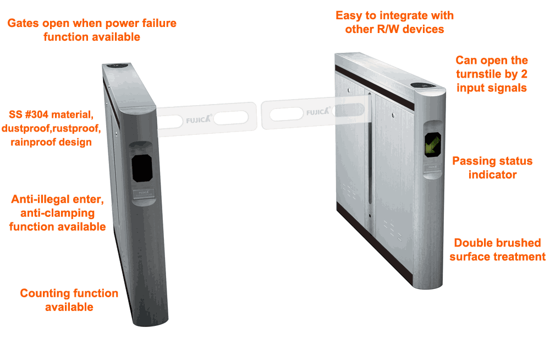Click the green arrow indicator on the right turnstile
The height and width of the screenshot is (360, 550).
[432, 144]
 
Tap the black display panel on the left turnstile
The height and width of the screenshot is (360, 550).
[142, 168]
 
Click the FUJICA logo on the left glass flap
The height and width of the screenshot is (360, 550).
[199, 119]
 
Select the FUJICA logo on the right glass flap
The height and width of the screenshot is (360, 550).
[318, 112]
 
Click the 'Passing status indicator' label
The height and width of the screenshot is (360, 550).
[492, 167]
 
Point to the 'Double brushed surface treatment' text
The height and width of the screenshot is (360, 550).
[497, 250]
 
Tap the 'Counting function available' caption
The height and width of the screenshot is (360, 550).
[69, 300]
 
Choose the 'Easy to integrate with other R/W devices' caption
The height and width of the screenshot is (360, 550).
[394, 22]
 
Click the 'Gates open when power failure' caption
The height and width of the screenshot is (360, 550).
[92, 23]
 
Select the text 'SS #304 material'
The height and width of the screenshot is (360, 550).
[51, 114]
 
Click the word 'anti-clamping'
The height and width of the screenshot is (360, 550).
[58, 213]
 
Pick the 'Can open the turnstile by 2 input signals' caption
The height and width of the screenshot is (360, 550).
[492, 74]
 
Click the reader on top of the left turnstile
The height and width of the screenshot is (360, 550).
[117, 66]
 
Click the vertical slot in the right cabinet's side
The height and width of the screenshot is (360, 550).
[370, 155]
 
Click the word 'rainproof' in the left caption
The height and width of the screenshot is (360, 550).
[51, 142]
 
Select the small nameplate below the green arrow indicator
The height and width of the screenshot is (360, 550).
[433, 167]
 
